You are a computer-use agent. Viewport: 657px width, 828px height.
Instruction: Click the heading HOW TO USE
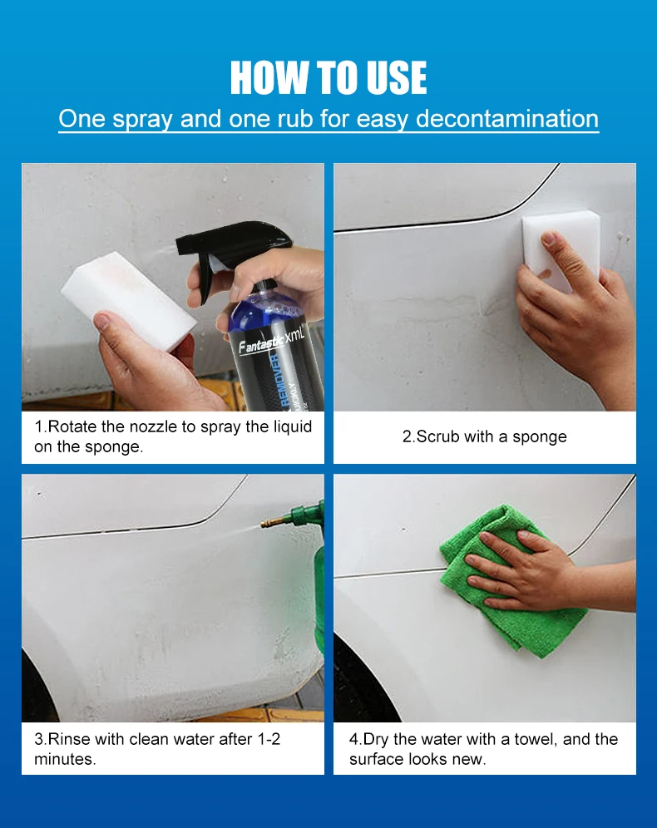click(328, 78)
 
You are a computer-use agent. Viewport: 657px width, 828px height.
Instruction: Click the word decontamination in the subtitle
click(507, 119)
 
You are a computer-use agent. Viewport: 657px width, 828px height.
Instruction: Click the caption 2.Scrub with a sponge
click(484, 436)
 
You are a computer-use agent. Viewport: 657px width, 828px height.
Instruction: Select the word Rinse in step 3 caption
click(71, 738)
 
